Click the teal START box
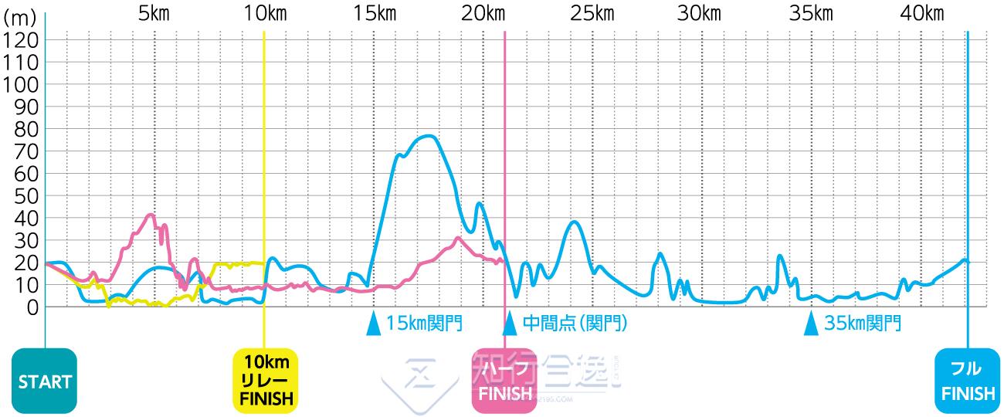pos(45,381)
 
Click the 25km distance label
pos(593,13)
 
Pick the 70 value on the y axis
pos(25,151)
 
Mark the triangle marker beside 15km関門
pos(374,323)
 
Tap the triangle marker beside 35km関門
pos(811,323)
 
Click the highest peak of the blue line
pos(429,136)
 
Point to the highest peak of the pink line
pos(151,215)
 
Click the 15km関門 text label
pos(425,323)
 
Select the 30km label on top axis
pos(703,13)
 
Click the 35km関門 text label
pos(863,323)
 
